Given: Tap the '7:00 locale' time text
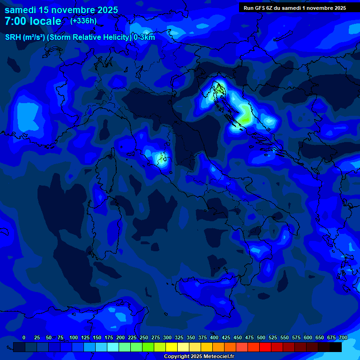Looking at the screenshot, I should click(x=33, y=21).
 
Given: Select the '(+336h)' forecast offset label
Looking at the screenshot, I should click(x=83, y=21).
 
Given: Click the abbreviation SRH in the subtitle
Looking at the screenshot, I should click(x=13, y=37).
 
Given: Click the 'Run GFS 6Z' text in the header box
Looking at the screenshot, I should click(x=260, y=8).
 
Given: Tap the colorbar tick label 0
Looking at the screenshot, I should click(x=24, y=337).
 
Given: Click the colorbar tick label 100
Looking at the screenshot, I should click(x=74, y=337).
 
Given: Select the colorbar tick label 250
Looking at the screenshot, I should click(x=144, y=337).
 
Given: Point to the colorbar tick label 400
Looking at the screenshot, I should click(x=214, y=337).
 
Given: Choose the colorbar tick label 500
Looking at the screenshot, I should click(x=261, y=337).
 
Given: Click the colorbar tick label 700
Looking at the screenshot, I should click(x=343, y=337).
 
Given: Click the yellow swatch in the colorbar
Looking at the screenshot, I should click(x=172, y=347).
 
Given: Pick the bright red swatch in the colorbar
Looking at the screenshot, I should click(x=265, y=347).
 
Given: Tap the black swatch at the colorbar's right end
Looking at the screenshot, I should click(x=336, y=347).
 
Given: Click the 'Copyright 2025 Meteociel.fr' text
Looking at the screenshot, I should click(x=199, y=357).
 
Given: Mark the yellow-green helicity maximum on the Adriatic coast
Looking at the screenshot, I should click(x=245, y=115).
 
